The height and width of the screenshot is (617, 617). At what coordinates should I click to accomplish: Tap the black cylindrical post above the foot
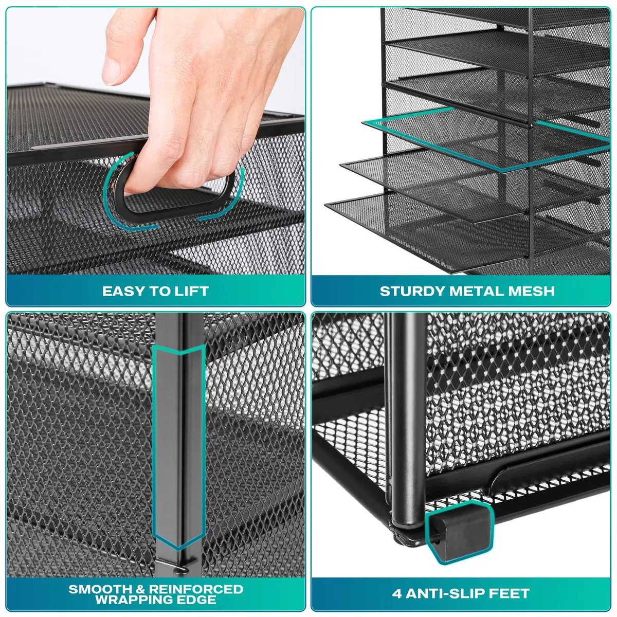coord(408,416)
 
